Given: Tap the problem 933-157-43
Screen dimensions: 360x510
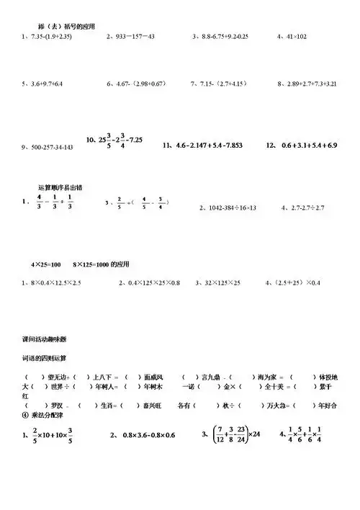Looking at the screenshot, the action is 131,36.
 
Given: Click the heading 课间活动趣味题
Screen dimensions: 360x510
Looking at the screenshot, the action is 53,337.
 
